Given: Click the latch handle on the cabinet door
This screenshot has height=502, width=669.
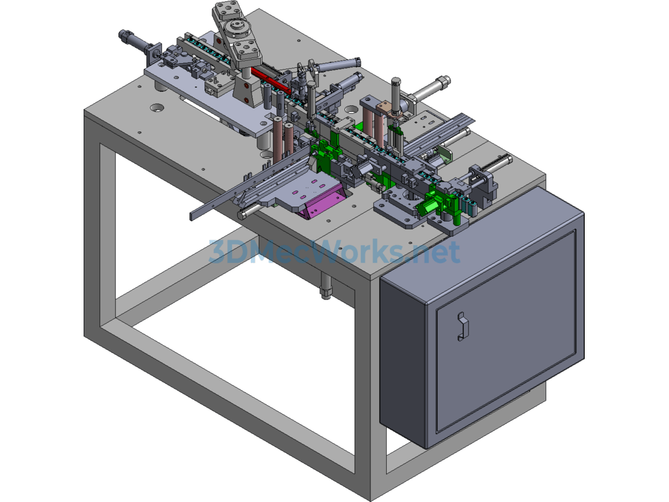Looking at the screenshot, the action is click(x=463, y=327).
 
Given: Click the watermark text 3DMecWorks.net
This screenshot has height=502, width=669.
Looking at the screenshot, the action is click(x=334, y=252).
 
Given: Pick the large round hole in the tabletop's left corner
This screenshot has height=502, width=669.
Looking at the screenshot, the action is click(x=157, y=107).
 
